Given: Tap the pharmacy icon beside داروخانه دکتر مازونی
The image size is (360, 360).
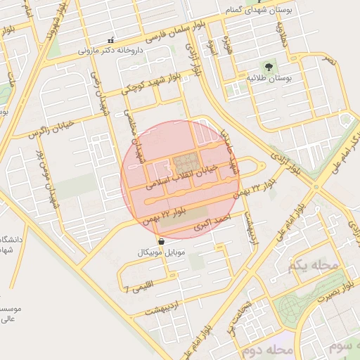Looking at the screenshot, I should pyautogui.click(x=110, y=41).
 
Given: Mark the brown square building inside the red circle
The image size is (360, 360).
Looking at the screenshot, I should pyautogui.click(x=186, y=163).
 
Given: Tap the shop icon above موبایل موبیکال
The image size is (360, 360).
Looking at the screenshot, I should pyautogui.click(x=162, y=241).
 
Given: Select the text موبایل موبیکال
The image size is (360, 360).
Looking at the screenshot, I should pyautogui.click(x=162, y=251).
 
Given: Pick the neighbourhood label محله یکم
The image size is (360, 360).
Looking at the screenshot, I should pyautogui.click(x=313, y=265).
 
